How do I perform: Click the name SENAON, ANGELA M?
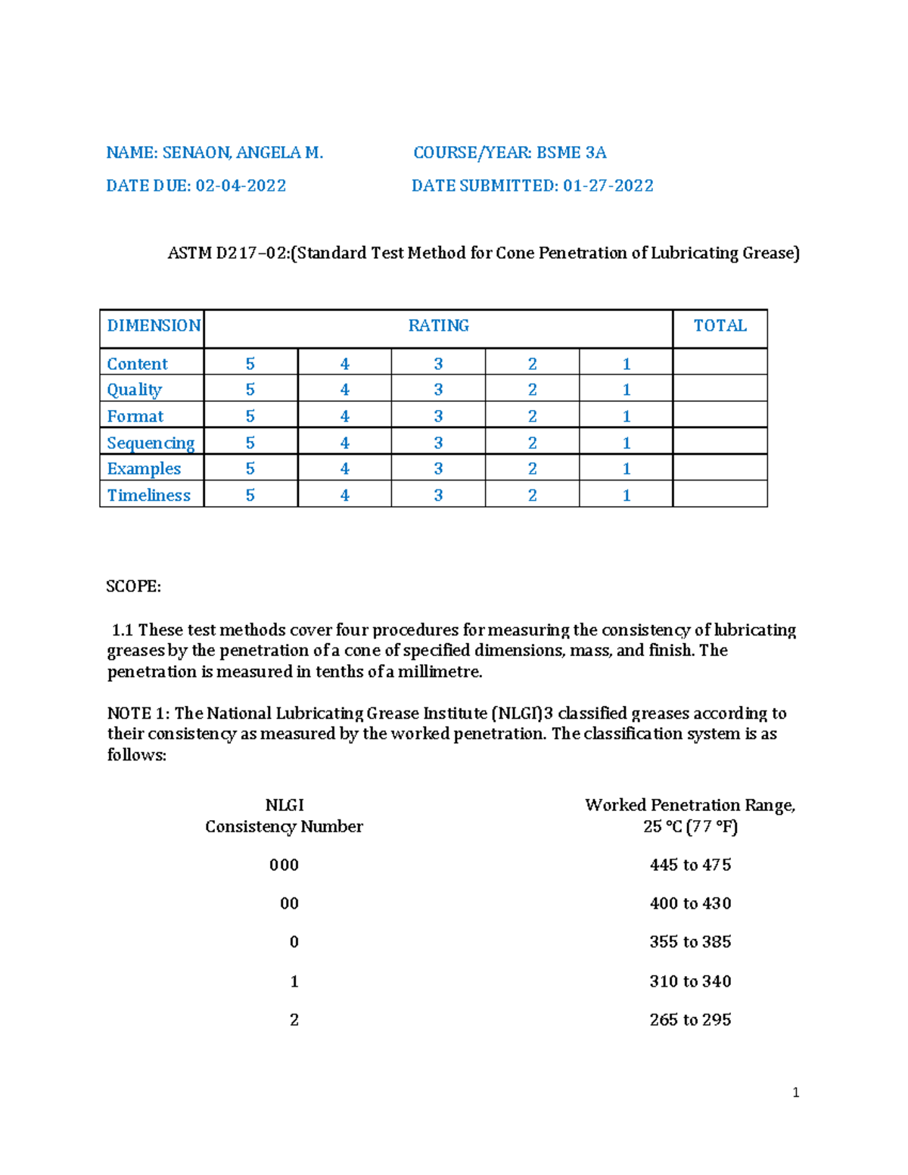point(242,153)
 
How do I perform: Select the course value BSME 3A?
point(571,153)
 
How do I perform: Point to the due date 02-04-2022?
point(241,186)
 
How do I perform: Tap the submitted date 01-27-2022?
point(608,186)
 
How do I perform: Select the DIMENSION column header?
point(153,326)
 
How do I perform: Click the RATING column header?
point(438,326)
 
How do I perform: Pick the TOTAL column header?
point(720,326)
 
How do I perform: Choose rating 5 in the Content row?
point(250,364)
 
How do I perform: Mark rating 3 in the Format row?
point(438,416)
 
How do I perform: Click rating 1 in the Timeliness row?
point(626,496)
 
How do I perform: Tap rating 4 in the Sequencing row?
point(344,443)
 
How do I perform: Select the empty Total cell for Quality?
point(720,390)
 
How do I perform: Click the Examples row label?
point(144,469)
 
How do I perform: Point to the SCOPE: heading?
point(133,587)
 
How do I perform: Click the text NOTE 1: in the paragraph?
point(138,713)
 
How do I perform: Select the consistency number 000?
point(284,866)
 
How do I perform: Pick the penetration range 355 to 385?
point(690,942)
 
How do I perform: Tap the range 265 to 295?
point(690,1020)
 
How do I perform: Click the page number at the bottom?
point(795,1093)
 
